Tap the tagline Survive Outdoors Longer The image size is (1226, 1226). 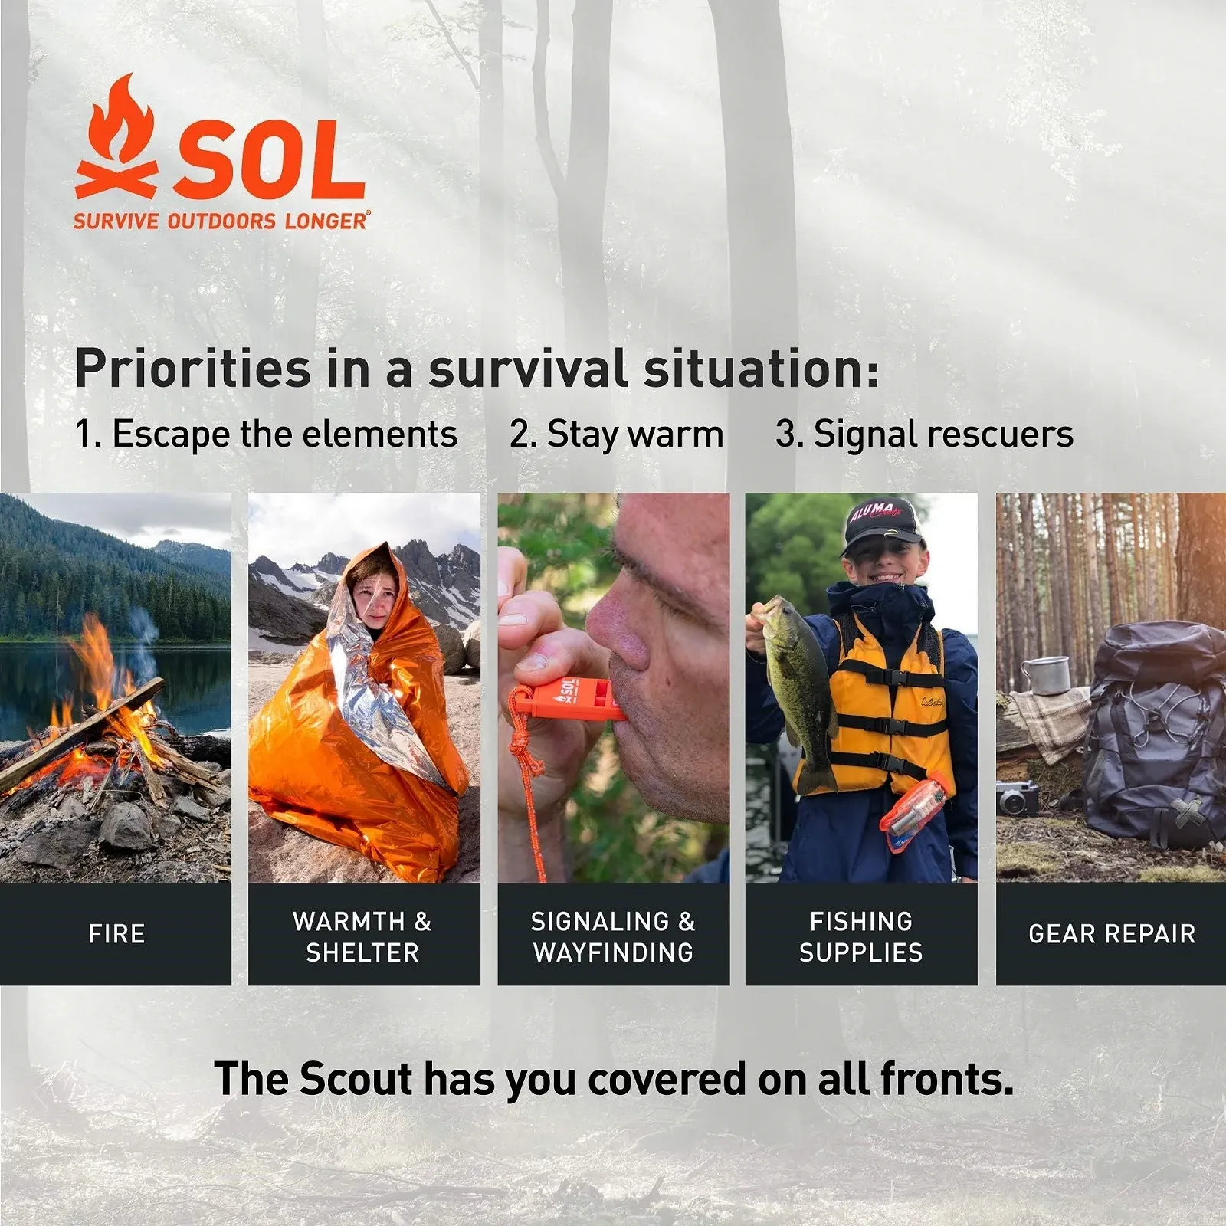pyautogui.click(x=221, y=221)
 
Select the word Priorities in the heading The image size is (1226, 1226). pyautogui.click(x=192, y=369)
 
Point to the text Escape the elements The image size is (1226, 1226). pyautogui.click(x=284, y=434)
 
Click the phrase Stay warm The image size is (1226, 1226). pyautogui.click(x=635, y=434)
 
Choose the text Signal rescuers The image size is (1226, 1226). pyautogui.click(x=942, y=434)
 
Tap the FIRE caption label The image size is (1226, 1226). pyautogui.click(x=116, y=934)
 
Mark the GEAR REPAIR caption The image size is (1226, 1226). pyautogui.click(x=1112, y=934)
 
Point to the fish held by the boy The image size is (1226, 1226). pyautogui.click(x=797, y=682)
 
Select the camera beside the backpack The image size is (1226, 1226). pyautogui.click(x=1018, y=799)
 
